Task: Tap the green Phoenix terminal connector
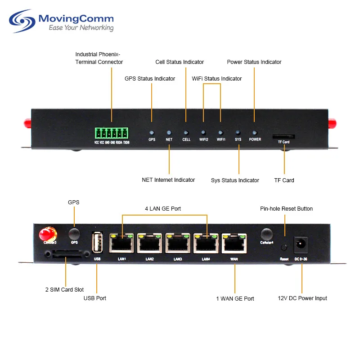(x=111, y=133)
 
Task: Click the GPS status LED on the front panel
(x=152, y=133)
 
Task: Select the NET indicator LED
(x=169, y=133)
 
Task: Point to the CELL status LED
(x=186, y=133)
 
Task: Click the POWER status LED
(x=255, y=133)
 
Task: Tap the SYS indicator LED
(x=238, y=133)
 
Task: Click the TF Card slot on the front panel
(x=283, y=135)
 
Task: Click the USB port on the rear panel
(x=97, y=243)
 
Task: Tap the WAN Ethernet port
(x=234, y=243)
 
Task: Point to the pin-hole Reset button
(x=284, y=247)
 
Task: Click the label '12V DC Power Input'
(x=302, y=298)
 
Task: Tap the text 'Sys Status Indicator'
(x=235, y=180)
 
